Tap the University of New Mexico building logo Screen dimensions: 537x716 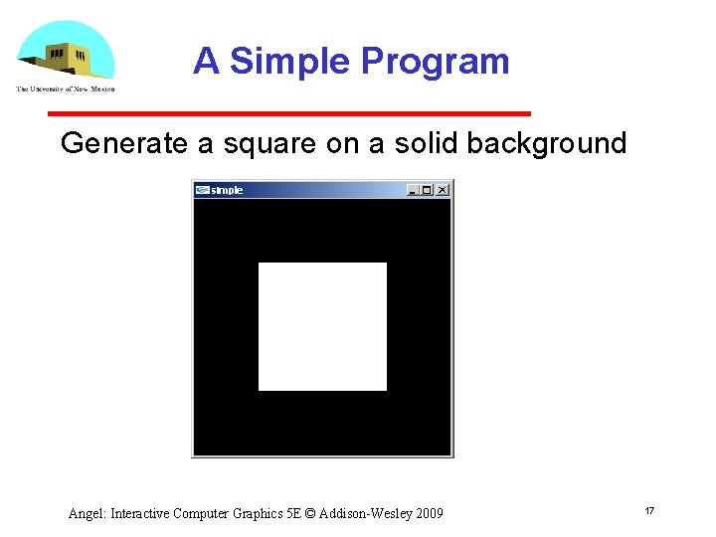click(x=66, y=54)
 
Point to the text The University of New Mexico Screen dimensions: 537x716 click(x=66, y=89)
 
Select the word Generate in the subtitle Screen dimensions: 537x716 click(x=123, y=143)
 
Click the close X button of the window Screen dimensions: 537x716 click(x=442, y=190)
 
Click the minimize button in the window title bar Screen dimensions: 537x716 click(x=413, y=190)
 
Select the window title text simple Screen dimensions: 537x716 click(x=227, y=190)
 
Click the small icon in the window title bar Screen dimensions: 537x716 click(x=202, y=190)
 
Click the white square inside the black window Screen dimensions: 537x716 click(x=322, y=326)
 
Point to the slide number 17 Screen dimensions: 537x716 click(x=649, y=510)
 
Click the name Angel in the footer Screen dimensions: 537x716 click(x=87, y=514)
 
